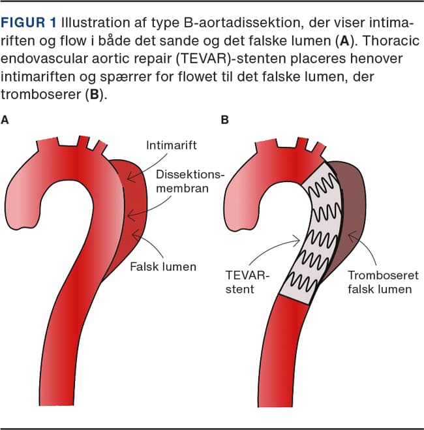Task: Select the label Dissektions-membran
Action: click(x=190, y=183)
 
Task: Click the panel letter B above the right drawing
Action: click(x=225, y=120)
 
